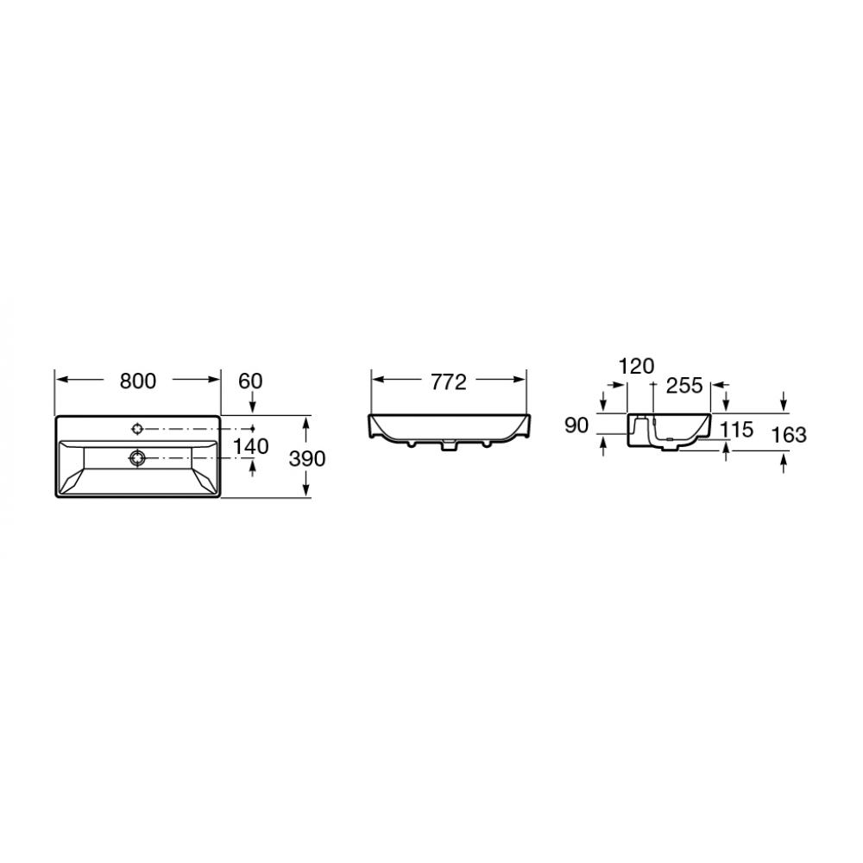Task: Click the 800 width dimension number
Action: [x=138, y=381]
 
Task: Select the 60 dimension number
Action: [x=250, y=381]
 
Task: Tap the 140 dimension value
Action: [x=251, y=446]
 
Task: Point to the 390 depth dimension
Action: [x=307, y=458]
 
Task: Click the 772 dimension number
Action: [x=449, y=382]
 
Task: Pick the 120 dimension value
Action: [x=637, y=366]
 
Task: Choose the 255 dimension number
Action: [x=684, y=386]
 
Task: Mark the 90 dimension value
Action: [x=576, y=425]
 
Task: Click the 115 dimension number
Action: [x=736, y=429]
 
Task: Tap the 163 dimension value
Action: [x=789, y=435]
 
